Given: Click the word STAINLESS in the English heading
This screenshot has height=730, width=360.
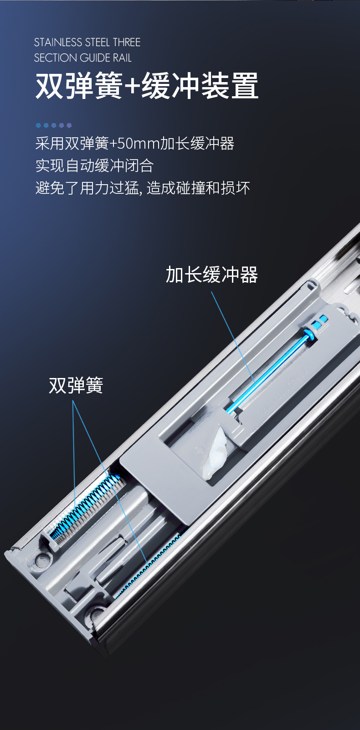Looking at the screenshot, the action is [58, 42].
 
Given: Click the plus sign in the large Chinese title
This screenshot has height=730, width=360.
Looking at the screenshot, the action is [132, 86].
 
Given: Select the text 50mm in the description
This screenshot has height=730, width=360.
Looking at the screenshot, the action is [138, 144].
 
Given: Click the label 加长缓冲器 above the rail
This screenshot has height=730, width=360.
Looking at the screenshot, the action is [212, 274].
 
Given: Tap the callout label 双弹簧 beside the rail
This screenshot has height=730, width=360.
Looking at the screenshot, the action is [76, 385].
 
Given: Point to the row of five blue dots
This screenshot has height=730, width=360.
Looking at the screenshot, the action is [54, 125].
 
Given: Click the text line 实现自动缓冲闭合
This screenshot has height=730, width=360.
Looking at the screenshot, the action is [94, 166].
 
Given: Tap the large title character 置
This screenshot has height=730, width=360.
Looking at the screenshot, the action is [245, 86].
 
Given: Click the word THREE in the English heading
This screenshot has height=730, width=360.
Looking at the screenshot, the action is [127, 42].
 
